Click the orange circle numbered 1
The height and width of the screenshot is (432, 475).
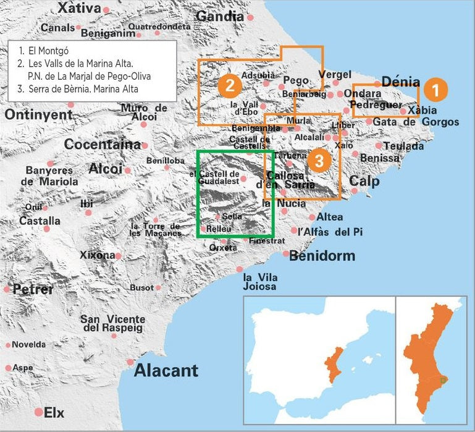coord(435,90)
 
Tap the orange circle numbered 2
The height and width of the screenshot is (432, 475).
coord(229,85)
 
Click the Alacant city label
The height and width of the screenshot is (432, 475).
coord(166,371)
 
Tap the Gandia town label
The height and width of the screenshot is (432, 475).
coord(219,17)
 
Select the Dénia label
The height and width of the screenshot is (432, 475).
coord(401,82)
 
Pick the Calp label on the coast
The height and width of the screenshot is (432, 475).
coord(364,181)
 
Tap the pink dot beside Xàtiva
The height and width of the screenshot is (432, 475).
coord(106,10)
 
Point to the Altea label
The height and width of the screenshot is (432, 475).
coord(329,218)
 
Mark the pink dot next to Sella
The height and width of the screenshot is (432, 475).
coord(217,216)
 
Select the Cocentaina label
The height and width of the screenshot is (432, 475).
coord(103,145)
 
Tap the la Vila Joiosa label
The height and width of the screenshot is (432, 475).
coord(260,282)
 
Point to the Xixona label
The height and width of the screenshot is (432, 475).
coord(97,255)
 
